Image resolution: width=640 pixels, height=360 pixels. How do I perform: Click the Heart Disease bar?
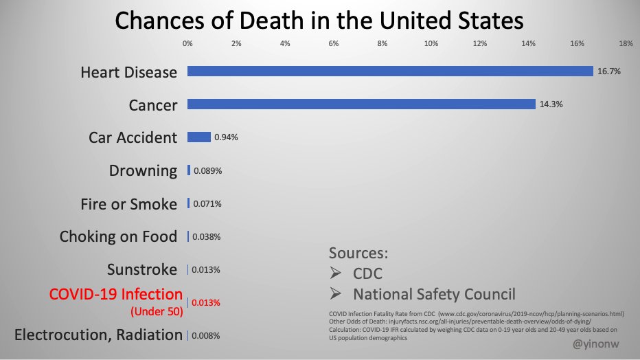[390, 71]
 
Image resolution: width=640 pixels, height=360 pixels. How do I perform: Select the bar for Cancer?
[361, 104]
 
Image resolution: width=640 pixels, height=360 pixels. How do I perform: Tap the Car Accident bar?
[199, 137]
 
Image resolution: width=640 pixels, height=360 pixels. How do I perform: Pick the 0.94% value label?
[226, 137]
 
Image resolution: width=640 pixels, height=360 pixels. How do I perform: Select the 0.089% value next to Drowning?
[207, 171]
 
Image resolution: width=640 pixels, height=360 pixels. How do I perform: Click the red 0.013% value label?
[207, 303]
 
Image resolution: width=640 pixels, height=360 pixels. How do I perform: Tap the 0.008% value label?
[206, 336]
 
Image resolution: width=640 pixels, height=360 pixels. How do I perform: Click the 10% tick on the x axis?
[432, 44]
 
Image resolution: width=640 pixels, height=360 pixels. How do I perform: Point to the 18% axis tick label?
[626, 44]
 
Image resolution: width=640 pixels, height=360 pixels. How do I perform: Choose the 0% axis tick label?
[187, 44]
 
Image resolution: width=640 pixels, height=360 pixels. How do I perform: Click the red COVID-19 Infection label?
[116, 295]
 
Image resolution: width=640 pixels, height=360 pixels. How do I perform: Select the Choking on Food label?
[118, 237]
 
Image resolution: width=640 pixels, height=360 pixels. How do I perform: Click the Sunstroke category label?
[142, 269]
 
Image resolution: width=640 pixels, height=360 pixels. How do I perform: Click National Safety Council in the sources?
[434, 295]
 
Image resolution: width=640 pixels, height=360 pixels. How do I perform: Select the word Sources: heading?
[358, 253]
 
